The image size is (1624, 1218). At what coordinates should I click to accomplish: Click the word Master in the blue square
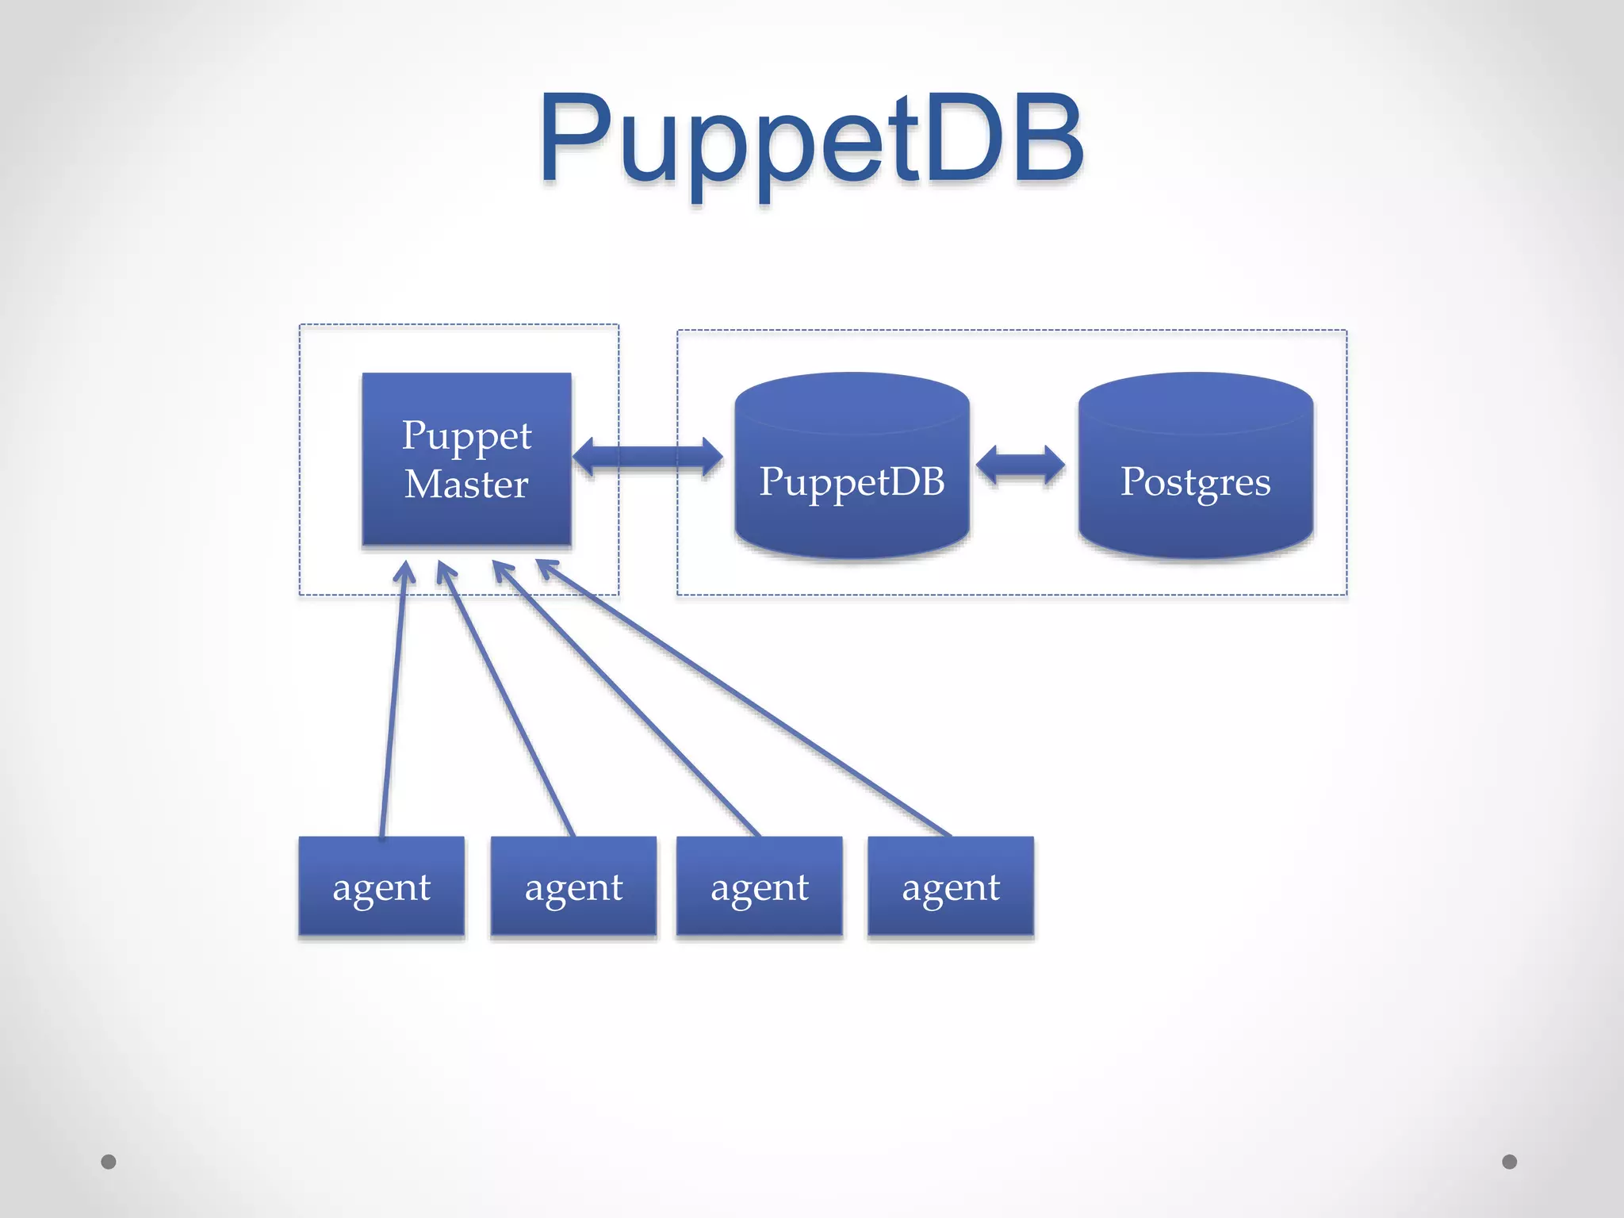click(x=466, y=484)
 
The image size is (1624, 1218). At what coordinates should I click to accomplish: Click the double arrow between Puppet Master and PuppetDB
click(x=647, y=458)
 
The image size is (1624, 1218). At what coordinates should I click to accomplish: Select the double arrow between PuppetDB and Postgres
click(x=1021, y=464)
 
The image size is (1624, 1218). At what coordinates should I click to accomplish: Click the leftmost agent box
click(x=381, y=887)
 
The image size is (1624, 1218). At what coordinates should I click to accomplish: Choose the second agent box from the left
click(x=573, y=887)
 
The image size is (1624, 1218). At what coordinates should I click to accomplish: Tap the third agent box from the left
click(x=760, y=887)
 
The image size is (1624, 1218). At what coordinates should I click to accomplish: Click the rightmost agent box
click(x=951, y=887)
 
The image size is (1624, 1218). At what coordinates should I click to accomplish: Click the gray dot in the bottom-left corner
click(x=109, y=1162)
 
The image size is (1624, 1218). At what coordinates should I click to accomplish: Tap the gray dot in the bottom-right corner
click(x=1510, y=1162)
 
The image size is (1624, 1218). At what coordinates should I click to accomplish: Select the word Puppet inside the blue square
click(x=466, y=436)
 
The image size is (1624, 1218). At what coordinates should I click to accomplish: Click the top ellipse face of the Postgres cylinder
click(x=1196, y=403)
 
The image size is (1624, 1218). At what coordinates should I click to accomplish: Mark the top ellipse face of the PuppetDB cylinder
click(x=852, y=403)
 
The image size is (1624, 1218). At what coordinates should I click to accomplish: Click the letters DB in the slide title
click(x=1004, y=139)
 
